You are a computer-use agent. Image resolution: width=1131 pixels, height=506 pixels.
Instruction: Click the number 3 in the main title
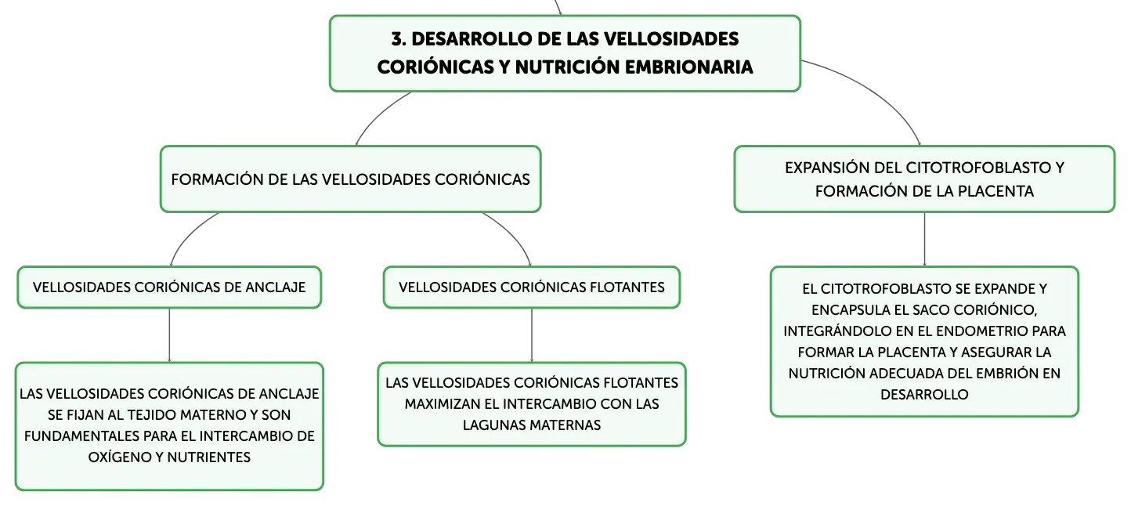pos(397,39)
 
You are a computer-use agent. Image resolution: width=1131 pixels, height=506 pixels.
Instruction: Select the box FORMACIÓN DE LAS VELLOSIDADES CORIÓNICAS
pos(350,179)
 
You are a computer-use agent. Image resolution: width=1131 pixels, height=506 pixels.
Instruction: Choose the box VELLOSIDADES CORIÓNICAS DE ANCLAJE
pos(169,287)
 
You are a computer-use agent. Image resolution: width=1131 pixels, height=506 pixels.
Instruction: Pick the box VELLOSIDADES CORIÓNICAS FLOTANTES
pos(532,287)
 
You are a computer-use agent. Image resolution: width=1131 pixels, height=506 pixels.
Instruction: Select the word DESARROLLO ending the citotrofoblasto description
pos(924,395)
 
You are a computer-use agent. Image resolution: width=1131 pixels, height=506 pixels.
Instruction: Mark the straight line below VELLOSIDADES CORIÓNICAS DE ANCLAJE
pos(169,335)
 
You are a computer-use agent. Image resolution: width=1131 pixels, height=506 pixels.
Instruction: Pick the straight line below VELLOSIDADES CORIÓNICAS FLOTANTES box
pos(532,335)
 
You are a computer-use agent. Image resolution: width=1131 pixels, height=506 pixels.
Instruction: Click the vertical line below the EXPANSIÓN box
pos(924,240)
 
